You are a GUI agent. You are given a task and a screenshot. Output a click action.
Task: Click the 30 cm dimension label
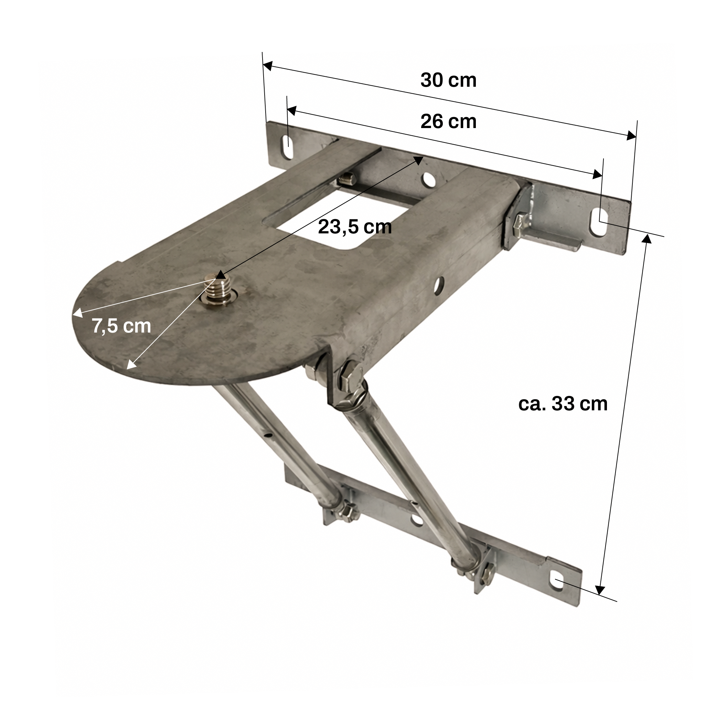(448, 80)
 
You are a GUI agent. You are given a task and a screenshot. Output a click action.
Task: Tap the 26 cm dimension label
(448, 122)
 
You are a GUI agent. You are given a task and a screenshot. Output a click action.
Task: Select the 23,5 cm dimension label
(355, 227)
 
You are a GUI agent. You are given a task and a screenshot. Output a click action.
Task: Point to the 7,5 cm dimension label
(121, 326)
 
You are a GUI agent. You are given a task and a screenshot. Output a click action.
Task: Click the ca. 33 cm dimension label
(563, 404)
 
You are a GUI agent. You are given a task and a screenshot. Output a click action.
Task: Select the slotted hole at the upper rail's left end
(287, 148)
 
